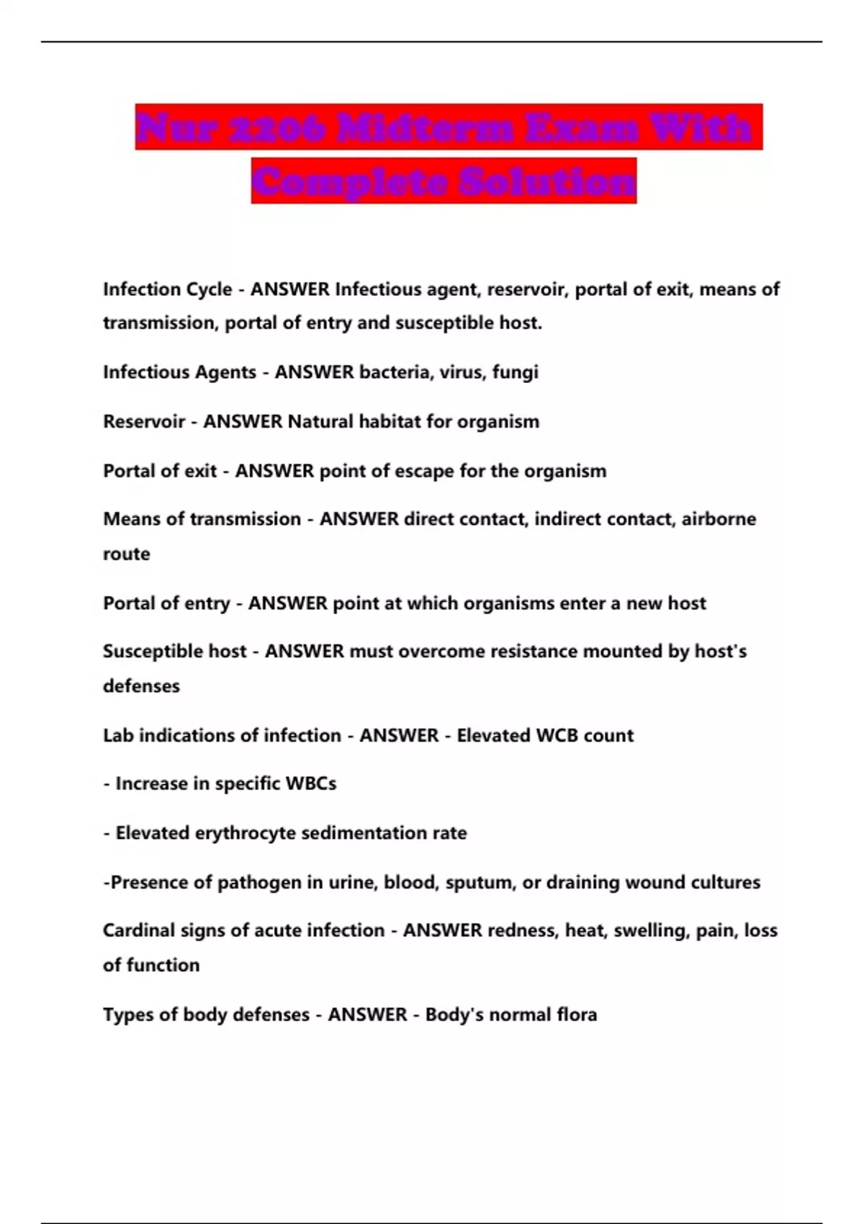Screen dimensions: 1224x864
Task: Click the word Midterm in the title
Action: pyautogui.click(x=424, y=127)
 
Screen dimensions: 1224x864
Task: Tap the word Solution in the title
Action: pyautogui.click(x=547, y=181)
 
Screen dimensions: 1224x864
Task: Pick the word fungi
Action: pyautogui.click(x=515, y=373)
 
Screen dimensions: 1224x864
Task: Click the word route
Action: pyautogui.click(x=127, y=554)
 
